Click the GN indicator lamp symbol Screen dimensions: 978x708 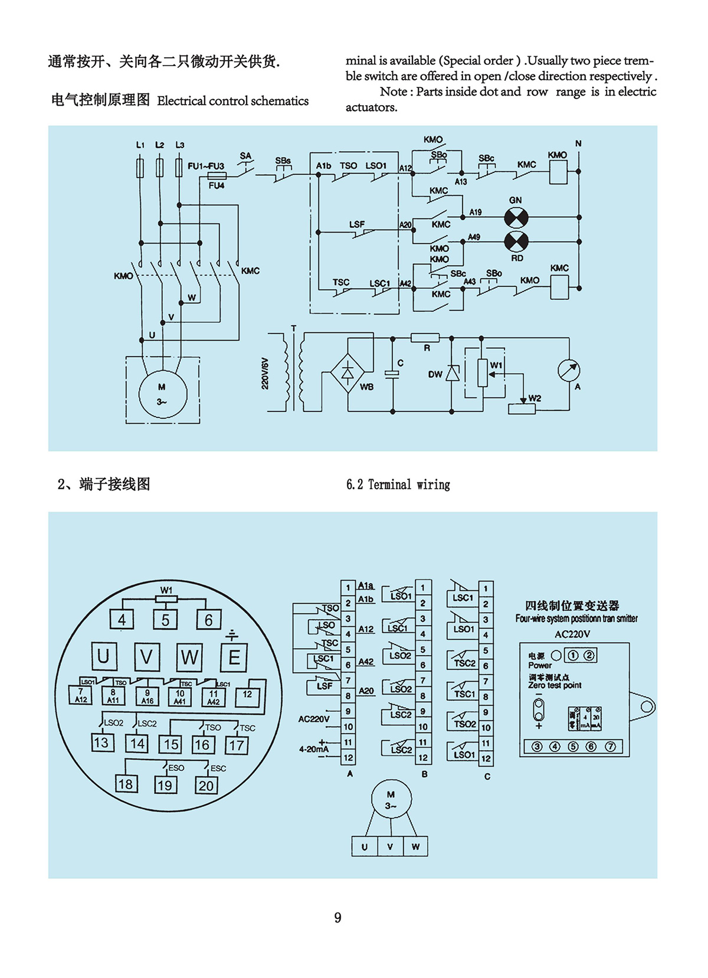point(516,218)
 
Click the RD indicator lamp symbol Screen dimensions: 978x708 point(516,241)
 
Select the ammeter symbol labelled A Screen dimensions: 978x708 point(569,371)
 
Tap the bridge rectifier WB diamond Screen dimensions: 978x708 point(348,372)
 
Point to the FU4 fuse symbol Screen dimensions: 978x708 point(217,175)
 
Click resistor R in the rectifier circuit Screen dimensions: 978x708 point(425,338)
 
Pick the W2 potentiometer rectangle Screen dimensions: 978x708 point(522,408)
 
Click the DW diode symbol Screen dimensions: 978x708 point(453,373)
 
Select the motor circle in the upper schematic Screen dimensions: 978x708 point(162,394)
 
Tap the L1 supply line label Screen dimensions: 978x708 point(140,145)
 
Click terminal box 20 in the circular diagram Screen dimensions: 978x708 point(206,785)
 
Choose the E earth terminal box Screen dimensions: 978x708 point(234,657)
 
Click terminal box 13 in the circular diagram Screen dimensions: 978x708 point(101,743)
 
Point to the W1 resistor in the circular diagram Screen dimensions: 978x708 point(166,599)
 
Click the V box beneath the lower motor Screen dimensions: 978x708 point(390,846)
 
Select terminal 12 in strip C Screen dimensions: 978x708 point(486,758)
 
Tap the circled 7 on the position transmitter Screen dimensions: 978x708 point(611,747)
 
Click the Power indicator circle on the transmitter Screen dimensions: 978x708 point(556,655)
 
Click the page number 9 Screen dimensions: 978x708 point(337,917)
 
